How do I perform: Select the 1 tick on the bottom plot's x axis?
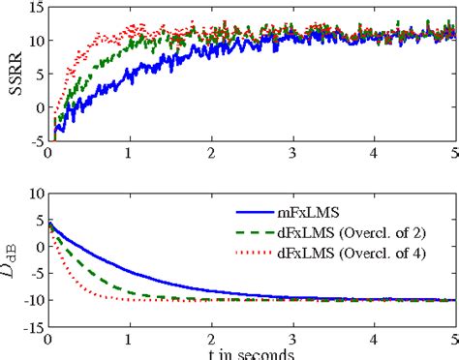click(130, 340)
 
